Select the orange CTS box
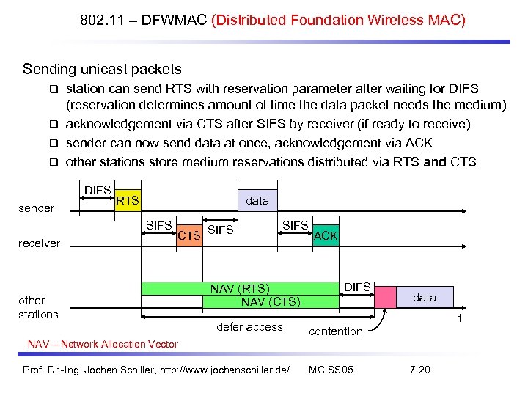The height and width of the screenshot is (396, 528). click(x=189, y=235)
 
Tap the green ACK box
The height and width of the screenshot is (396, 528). click(x=325, y=235)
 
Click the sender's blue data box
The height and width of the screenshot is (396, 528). click(x=257, y=200)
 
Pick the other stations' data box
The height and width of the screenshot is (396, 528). click(x=424, y=297)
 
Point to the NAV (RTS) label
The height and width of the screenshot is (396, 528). click(x=240, y=289)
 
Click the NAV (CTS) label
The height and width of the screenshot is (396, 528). click(x=270, y=301)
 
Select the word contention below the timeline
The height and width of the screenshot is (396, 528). click(x=336, y=331)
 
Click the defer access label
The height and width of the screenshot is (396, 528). click(x=250, y=327)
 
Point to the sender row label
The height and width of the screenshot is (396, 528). click(x=37, y=208)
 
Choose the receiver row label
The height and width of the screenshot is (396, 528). click(x=39, y=243)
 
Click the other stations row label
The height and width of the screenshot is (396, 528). click(x=38, y=307)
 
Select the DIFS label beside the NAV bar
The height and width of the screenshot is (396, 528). click(x=357, y=287)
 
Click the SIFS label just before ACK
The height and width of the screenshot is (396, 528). click(x=296, y=225)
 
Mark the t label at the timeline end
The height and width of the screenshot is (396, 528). click(x=459, y=318)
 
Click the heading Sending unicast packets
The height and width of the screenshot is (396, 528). click(x=102, y=70)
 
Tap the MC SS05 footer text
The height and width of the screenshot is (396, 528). click(x=331, y=370)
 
